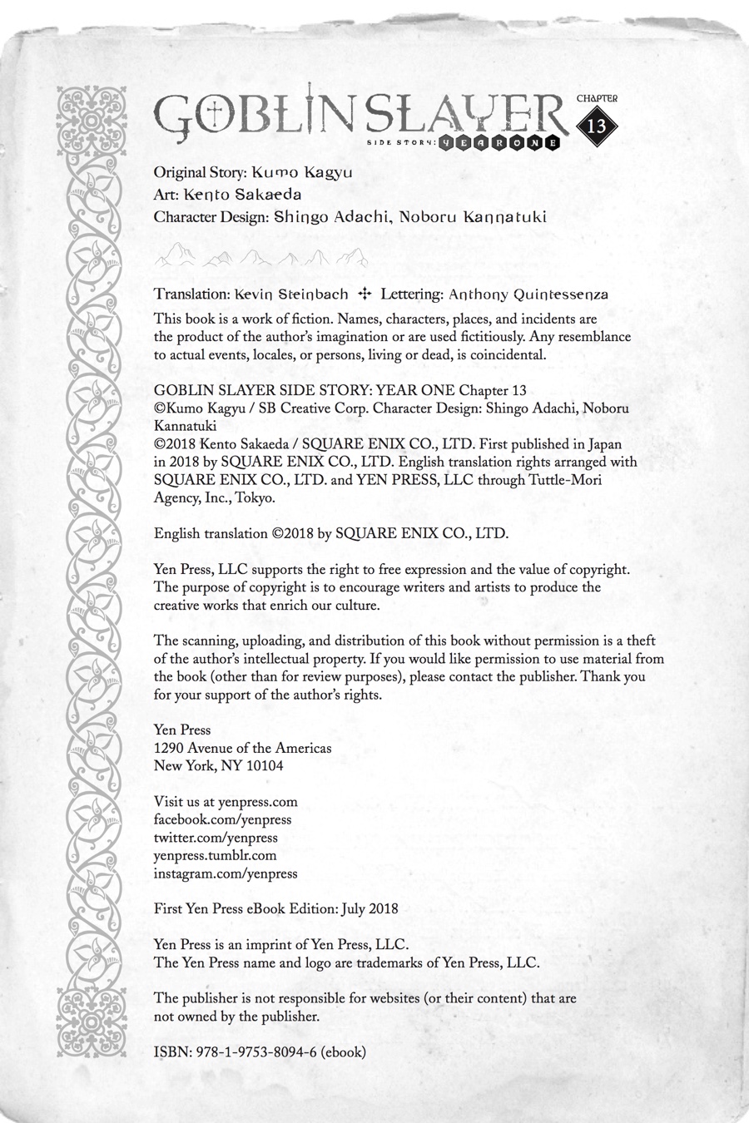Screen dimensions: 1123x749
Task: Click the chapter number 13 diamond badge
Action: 597,126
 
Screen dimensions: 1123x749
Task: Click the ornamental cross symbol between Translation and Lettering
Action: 363,294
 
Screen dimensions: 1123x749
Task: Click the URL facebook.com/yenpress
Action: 223,819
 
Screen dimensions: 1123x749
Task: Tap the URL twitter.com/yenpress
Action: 216,838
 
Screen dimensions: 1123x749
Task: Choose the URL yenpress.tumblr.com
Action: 215,855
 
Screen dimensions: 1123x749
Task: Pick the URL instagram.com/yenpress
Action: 226,873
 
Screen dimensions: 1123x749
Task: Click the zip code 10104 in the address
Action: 263,765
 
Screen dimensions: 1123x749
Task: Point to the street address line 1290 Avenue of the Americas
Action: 243,748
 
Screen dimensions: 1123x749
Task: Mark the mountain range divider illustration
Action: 261,257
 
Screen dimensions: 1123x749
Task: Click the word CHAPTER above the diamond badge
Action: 597,98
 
